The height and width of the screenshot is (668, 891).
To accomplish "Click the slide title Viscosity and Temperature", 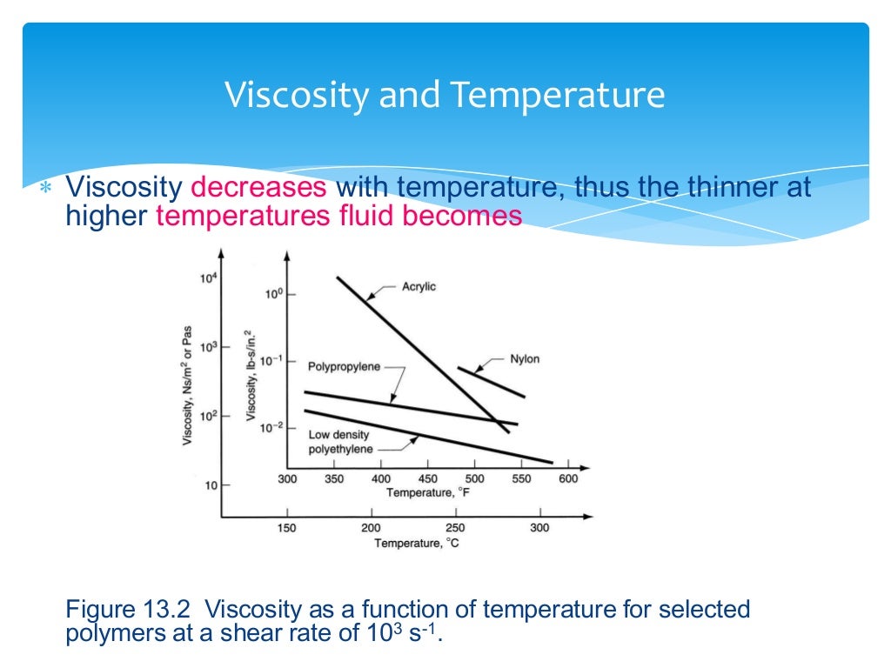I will coord(445,95).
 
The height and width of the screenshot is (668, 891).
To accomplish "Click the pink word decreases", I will coord(259,187).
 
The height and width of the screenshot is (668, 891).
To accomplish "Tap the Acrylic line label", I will coord(419,287).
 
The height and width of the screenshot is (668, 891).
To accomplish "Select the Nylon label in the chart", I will coord(525,359).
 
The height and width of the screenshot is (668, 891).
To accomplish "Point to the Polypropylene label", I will coord(344,367).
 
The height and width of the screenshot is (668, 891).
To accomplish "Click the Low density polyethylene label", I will coord(340,442).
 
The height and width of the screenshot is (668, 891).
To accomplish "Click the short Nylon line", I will coord(492,383).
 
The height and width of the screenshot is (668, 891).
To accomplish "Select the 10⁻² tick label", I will coord(273,427).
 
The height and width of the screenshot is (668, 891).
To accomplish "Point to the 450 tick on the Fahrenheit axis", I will coord(428,478).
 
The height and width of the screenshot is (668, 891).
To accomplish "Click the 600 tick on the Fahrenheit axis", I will coord(568,478).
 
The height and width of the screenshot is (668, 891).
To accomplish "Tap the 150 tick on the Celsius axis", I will coord(285,528).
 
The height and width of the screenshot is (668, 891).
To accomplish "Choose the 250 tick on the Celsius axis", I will coord(455,528).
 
